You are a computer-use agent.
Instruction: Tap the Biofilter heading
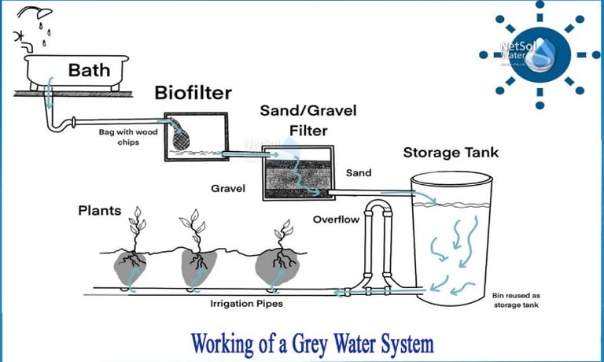tap(193, 94)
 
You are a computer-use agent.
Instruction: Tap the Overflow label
tap(336, 219)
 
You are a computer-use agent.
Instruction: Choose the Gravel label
tap(228, 189)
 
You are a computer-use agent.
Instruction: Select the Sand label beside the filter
tap(358, 172)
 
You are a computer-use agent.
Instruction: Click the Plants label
tap(100, 210)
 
